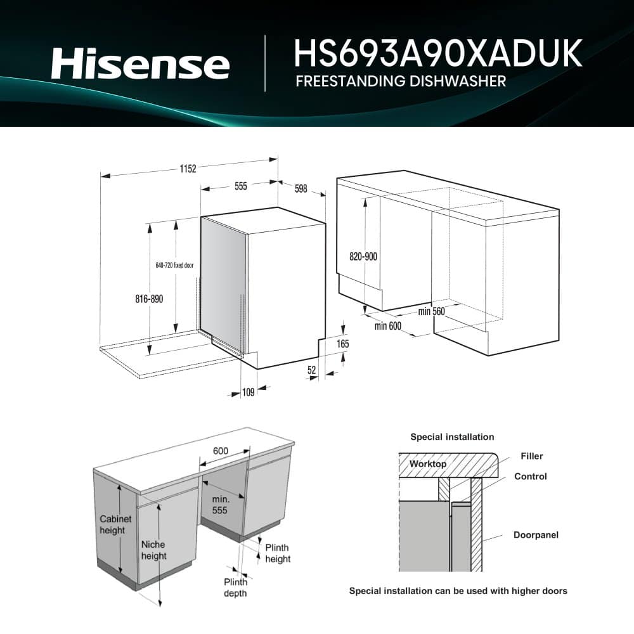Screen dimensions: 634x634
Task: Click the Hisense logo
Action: [140, 65]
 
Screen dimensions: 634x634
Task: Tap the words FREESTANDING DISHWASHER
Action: [400, 81]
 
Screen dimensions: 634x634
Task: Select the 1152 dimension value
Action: [188, 169]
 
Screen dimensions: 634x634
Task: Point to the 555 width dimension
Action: [241, 186]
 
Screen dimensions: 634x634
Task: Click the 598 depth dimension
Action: [301, 189]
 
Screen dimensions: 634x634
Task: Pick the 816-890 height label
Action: [150, 299]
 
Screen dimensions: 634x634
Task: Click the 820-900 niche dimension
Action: [363, 257]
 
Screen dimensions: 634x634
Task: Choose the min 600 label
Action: [388, 326]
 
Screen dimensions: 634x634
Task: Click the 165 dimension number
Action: [342, 344]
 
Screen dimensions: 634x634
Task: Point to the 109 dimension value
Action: [248, 392]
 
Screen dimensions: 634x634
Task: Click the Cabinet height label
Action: [115, 524]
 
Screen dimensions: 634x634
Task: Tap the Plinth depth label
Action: [235, 588]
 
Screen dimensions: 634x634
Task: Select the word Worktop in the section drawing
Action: [427, 464]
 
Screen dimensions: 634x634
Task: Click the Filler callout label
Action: [531, 456]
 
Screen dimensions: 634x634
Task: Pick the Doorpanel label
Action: [536, 535]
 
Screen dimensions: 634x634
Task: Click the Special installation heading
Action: [452, 437]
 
